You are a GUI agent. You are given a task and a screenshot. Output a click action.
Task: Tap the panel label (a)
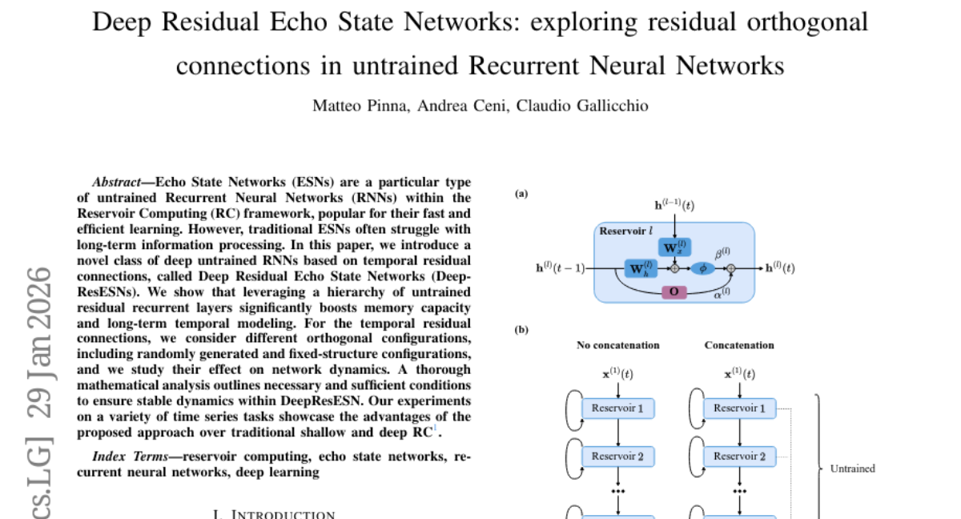[521, 193]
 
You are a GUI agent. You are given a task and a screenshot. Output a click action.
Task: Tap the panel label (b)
[521, 329]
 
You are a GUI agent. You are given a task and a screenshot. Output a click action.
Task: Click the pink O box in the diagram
[674, 292]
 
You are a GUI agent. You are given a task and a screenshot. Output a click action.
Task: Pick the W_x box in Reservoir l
[674, 245]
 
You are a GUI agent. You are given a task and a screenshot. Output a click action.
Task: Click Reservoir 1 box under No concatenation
[617, 408]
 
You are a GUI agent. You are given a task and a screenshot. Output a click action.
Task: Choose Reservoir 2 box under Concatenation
[739, 457]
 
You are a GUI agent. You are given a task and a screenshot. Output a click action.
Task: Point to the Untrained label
[852, 469]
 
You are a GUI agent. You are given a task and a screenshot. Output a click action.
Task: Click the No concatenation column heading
[618, 345]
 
